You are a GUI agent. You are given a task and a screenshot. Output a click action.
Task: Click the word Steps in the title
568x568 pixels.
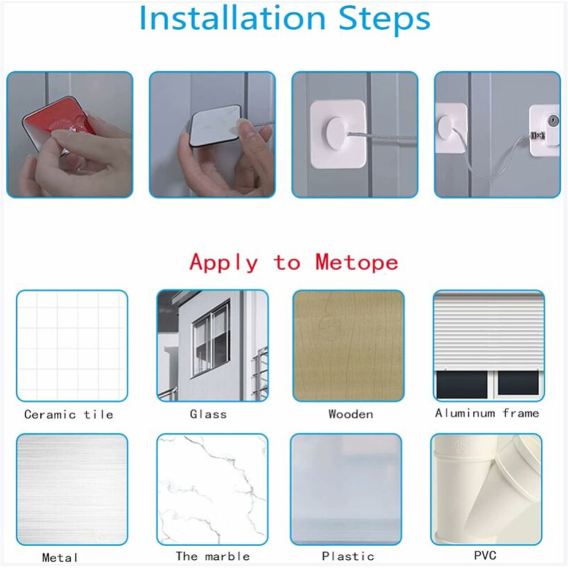coord(384,20)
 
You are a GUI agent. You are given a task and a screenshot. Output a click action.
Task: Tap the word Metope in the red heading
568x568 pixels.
coord(357,262)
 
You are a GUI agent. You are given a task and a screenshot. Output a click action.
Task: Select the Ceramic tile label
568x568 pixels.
coord(68,414)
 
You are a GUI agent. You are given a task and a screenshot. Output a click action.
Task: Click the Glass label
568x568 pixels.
coord(208,414)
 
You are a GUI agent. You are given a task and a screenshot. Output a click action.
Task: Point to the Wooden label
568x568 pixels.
coord(351,414)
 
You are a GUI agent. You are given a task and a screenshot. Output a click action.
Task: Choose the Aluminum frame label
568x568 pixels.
coord(487,413)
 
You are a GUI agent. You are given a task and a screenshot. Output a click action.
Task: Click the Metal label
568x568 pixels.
coord(60,558)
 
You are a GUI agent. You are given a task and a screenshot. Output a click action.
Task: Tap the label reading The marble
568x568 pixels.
coord(213,556)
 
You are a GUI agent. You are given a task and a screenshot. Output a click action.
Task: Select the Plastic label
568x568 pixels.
coord(348,556)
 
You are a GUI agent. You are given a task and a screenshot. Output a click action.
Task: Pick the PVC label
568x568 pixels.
coord(485,555)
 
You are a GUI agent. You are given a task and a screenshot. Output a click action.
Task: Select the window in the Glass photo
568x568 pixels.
coord(211,340)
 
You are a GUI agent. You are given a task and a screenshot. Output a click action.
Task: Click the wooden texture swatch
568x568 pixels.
coord(348,345)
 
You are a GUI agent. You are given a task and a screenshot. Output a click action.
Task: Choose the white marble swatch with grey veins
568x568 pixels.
coord(212,489)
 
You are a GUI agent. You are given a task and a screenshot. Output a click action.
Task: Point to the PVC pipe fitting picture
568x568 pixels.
coord(487,489)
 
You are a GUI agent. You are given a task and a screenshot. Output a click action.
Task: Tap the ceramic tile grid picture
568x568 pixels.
coord(72,345)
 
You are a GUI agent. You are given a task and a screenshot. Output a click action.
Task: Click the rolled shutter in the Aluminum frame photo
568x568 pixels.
coord(489,331)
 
